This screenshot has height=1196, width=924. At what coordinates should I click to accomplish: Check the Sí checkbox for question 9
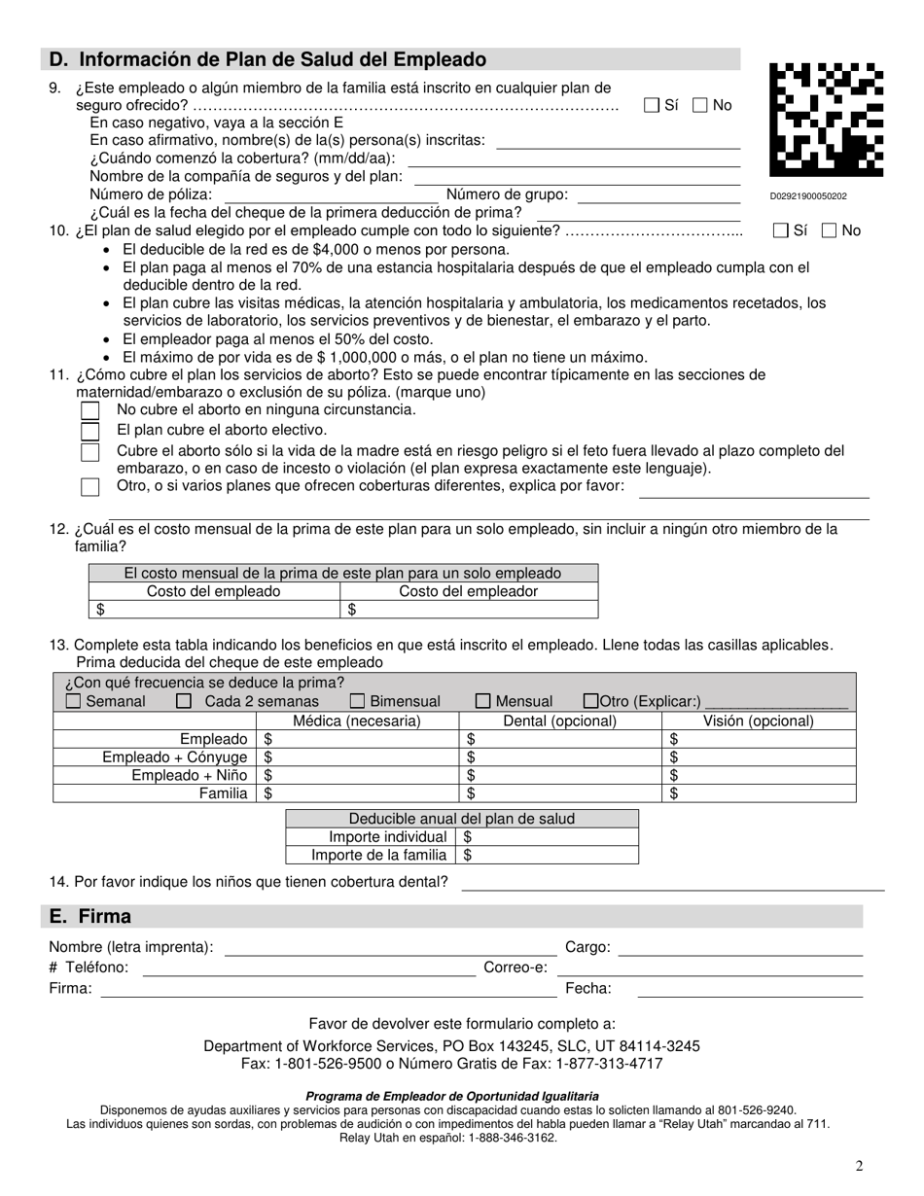click(652, 105)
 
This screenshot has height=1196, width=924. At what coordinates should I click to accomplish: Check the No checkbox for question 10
click(829, 230)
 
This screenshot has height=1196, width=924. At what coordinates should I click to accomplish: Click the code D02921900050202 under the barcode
click(808, 196)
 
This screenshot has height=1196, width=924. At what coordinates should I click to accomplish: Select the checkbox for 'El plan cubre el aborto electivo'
click(90, 431)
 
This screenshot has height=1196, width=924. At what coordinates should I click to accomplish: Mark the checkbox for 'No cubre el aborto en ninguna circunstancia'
click(90, 410)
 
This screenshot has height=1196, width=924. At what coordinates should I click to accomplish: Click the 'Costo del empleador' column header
click(468, 591)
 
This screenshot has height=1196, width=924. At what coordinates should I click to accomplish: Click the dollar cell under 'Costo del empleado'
click(214, 610)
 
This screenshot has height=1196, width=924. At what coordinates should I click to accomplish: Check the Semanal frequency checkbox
click(73, 701)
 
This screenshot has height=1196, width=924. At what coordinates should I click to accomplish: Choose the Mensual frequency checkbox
click(483, 701)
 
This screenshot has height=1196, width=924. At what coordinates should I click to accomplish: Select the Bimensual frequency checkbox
click(358, 701)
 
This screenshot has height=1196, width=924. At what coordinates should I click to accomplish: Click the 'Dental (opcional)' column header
click(559, 721)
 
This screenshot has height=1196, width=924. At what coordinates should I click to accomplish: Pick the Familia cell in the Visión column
click(759, 793)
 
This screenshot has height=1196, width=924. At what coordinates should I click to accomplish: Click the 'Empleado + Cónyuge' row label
click(175, 757)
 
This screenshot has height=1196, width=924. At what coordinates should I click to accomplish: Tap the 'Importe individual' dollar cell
click(549, 837)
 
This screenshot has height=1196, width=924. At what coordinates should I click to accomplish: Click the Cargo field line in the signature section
click(740, 948)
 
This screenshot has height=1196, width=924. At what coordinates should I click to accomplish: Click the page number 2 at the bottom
click(859, 1166)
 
